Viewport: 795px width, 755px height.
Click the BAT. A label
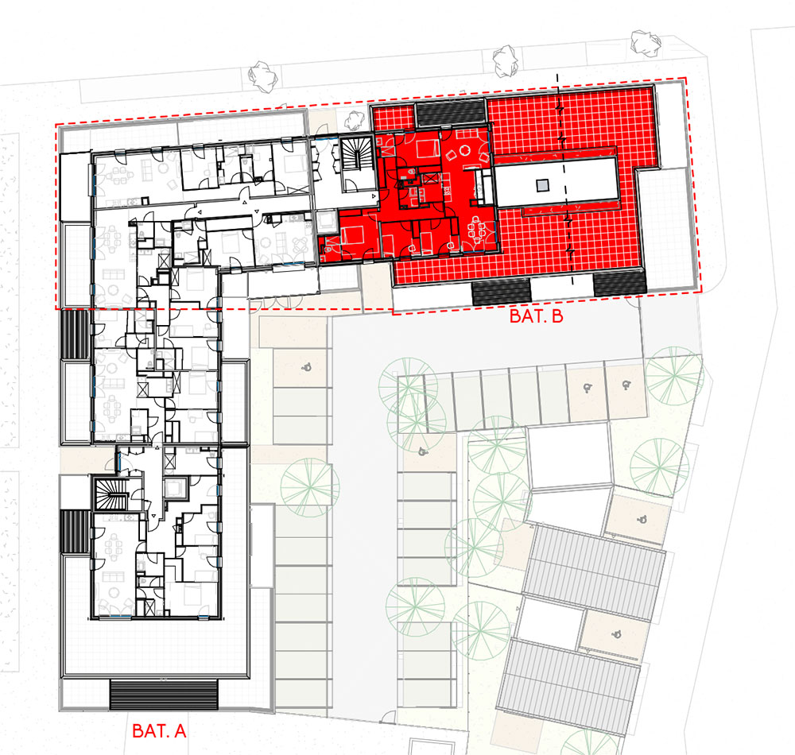[x=159, y=730]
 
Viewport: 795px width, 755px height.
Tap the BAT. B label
[x=536, y=316]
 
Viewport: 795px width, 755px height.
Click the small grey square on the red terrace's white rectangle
[x=542, y=185]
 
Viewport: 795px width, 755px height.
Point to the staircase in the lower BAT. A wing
[x=111, y=494]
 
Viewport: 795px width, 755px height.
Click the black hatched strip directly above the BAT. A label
[x=163, y=695]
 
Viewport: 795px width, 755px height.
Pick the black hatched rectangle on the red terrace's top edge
[x=450, y=113]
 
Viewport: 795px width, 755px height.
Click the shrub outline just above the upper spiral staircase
[x=355, y=120]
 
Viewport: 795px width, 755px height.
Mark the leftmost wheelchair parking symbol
[x=306, y=366]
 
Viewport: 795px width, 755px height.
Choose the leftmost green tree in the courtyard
[x=310, y=487]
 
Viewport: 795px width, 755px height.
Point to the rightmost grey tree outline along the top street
[x=646, y=41]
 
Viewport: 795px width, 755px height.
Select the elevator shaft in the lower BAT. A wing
[x=176, y=488]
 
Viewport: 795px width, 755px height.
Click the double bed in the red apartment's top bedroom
[x=427, y=148]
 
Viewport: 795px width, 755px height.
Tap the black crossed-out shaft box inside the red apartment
[x=430, y=179]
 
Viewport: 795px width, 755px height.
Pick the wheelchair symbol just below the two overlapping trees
[x=422, y=451]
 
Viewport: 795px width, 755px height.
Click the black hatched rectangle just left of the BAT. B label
[x=501, y=292]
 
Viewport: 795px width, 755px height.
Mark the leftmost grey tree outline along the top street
[x=263, y=76]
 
